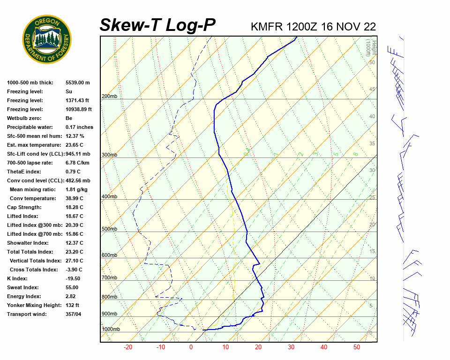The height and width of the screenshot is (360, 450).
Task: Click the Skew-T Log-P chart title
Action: pyautogui.click(x=157, y=25)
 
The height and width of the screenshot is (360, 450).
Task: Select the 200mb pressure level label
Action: pyautogui.click(x=109, y=97)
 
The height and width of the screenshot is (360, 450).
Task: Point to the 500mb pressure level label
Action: pyautogui.click(x=109, y=229)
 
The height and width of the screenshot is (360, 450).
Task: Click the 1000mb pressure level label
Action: pyautogui.click(x=111, y=330)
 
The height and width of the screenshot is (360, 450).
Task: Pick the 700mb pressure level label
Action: pyautogui.click(x=109, y=278)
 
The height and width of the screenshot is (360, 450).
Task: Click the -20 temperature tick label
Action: pyautogui.click(x=127, y=347)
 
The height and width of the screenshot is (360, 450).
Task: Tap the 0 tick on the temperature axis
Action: pyautogui.click(x=191, y=347)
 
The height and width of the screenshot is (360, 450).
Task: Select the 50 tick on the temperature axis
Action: pyautogui.click(x=357, y=347)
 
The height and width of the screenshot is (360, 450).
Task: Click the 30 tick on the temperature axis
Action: pyautogui.click(x=291, y=347)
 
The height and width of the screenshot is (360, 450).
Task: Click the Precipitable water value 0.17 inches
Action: pyautogui.click(x=79, y=127)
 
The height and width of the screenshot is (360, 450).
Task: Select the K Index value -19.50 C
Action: pyautogui.click(x=75, y=278)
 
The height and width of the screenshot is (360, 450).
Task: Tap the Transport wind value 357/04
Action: pyautogui.click(x=74, y=314)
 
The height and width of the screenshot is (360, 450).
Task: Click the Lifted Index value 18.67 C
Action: pyautogui.click(x=74, y=216)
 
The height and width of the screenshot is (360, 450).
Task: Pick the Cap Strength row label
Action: pyautogui.click(x=24, y=207)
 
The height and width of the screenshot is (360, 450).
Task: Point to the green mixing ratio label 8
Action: pyautogui.click(x=356, y=154)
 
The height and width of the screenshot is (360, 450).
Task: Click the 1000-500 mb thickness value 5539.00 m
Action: pyautogui.click(x=77, y=82)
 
